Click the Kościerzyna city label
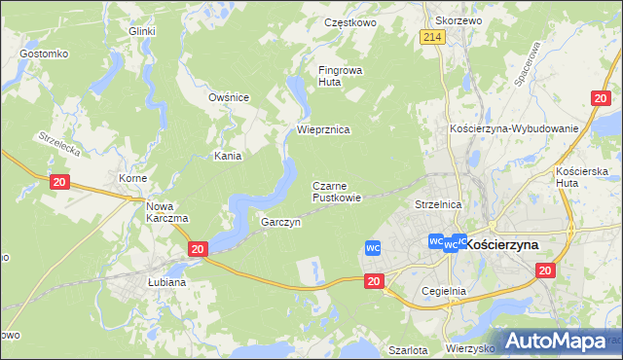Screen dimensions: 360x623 coord(509,246)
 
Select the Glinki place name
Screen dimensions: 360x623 coord(142,31)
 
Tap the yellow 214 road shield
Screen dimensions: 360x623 coord(433,37)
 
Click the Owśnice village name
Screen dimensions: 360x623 coord(230,97)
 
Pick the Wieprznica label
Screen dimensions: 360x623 coord(323,129)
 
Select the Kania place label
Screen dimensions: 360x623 coord(228,156)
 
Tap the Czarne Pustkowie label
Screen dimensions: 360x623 coord(337,191)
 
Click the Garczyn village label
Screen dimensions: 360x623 coord(280,222)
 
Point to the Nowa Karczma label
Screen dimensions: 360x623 coord(166,212)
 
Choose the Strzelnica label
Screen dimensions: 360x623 coord(437,205)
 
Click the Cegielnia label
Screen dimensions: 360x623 coord(445,291)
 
